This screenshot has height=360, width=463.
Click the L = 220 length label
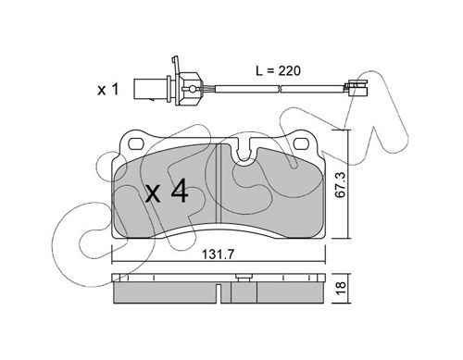point(278,71)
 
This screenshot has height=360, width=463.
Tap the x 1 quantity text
point(108,90)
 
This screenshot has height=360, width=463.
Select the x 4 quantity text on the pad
point(167,191)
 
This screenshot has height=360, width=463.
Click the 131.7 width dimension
point(219,254)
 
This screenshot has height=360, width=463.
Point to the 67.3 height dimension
point(341,185)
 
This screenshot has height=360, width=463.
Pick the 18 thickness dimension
point(341,288)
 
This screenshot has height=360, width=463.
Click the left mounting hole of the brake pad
point(135,143)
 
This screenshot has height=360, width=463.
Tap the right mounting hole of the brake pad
point(301,143)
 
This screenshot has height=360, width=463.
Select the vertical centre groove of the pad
point(219,183)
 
